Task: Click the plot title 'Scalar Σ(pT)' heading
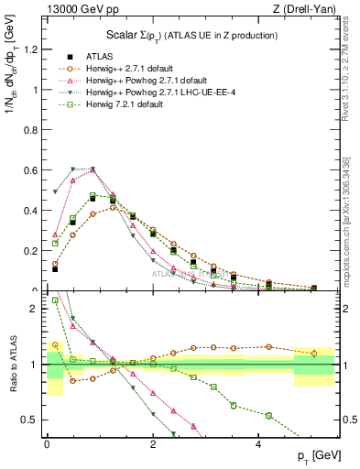coord(188,36)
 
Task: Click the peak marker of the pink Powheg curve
coord(93,169)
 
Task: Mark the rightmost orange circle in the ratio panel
coord(314,353)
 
